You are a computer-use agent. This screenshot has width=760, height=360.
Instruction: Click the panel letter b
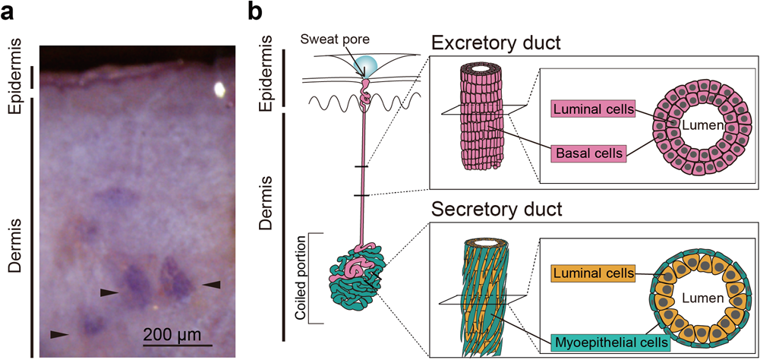(256, 12)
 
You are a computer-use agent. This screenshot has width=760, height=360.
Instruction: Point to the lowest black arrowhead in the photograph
(58, 333)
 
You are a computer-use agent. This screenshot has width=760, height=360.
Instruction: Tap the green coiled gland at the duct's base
(359, 281)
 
